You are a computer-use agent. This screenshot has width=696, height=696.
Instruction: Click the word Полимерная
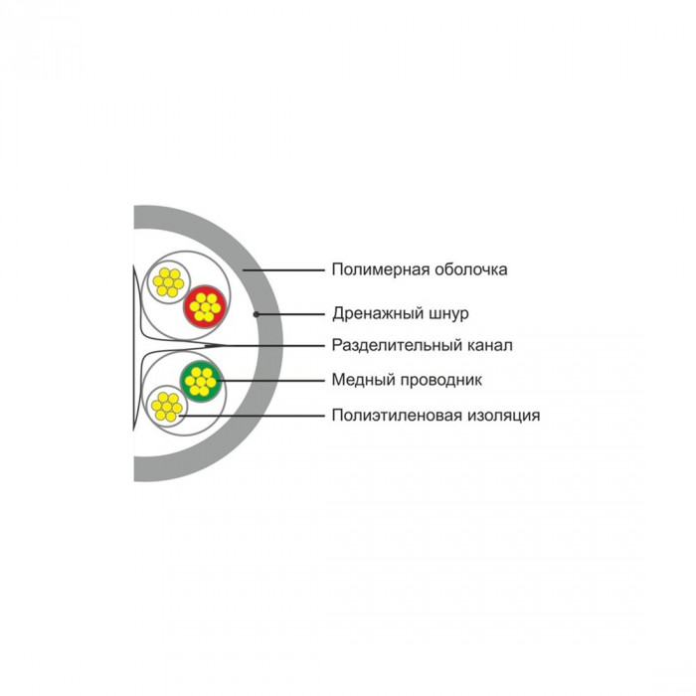[381, 269]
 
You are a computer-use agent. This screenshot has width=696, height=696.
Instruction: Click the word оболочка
[471, 269]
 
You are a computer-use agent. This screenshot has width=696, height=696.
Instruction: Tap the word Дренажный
[378, 313]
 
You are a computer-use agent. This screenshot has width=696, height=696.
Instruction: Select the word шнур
[449, 313]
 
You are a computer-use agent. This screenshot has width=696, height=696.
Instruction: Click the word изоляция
[501, 416]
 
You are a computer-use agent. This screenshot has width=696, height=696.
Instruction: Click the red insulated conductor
[205, 306]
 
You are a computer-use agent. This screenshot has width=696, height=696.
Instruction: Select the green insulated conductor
[201, 381]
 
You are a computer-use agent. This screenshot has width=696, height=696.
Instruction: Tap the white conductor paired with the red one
[168, 282]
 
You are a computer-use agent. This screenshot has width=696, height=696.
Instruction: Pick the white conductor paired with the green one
[167, 407]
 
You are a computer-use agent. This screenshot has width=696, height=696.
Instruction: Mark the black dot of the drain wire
[257, 314]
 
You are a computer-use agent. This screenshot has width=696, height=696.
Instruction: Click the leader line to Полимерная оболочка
[284, 269]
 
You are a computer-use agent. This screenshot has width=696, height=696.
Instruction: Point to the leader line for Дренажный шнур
[290, 314]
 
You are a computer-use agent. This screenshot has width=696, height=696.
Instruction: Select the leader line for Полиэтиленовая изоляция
[253, 416]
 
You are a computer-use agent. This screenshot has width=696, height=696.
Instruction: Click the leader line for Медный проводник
[271, 381]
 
